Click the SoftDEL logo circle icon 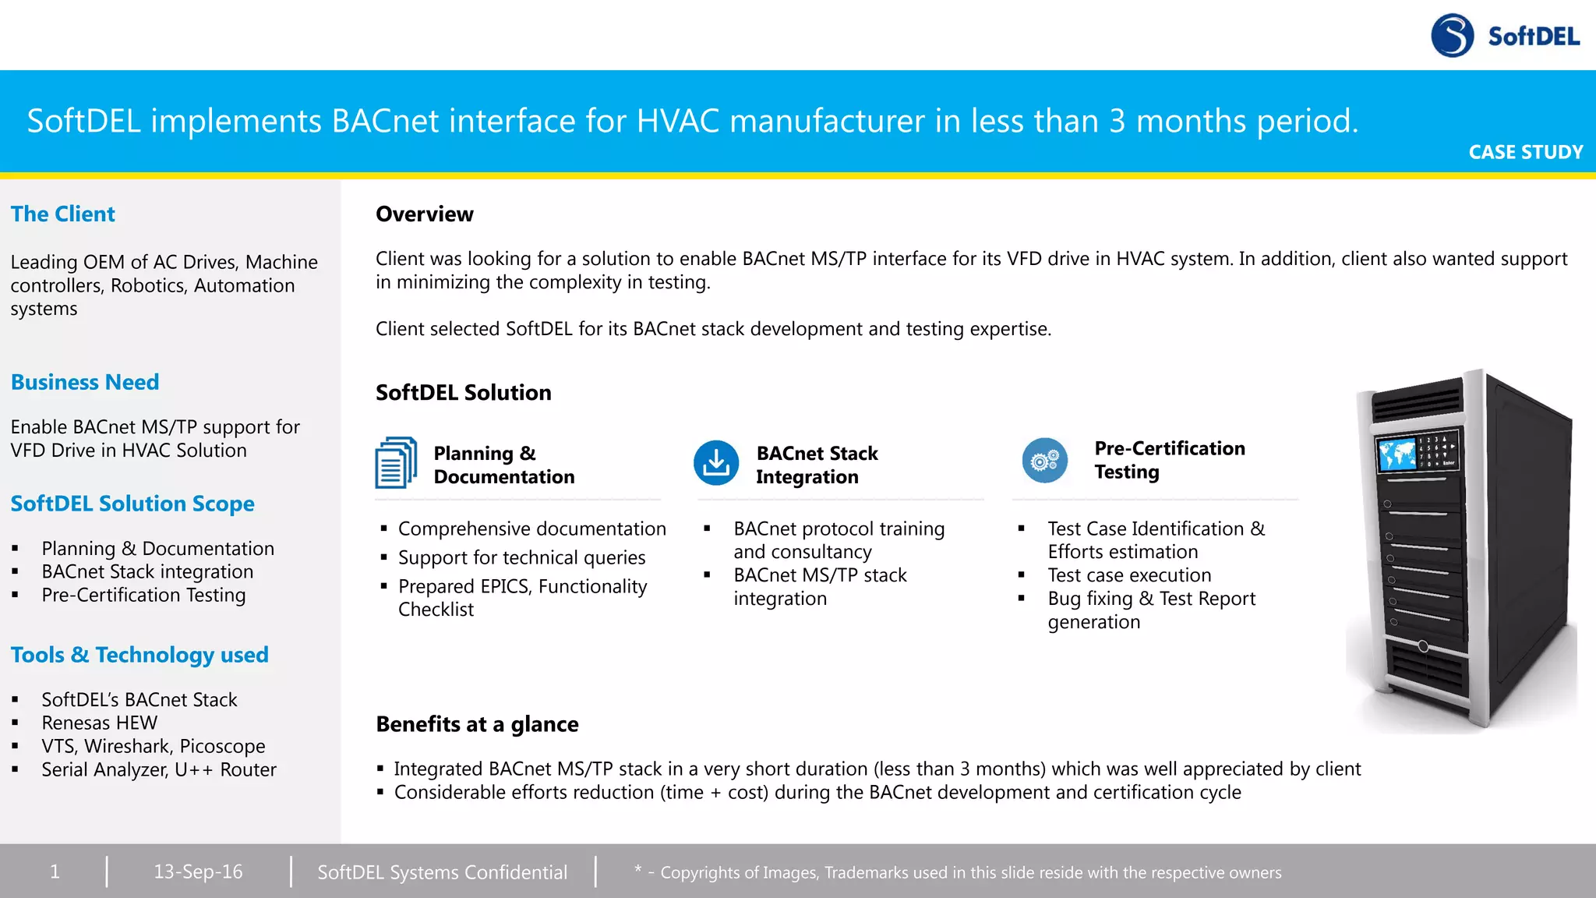tap(1452, 36)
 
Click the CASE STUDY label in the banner tap(1525, 152)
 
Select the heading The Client tap(62, 214)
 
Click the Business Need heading tap(85, 382)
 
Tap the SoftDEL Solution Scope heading tap(132, 504)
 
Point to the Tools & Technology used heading tap(139, 655)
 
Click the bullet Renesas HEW tap(99, 723)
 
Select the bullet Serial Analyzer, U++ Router tap(159, 769)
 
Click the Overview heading tap(425, 214)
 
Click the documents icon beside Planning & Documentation tap(396, 463)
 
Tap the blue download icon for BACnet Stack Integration tap(716, 463)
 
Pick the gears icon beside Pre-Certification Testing tap(1044, 461)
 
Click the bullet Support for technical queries tap(521, 557)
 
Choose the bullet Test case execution tap(1129, 575)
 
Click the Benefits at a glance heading tap(477, 724)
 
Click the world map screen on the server tap(1396, 454)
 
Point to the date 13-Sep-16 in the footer tap(198, 871)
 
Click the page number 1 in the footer tap(55, 871)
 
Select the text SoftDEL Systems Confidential tap(442, 872)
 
